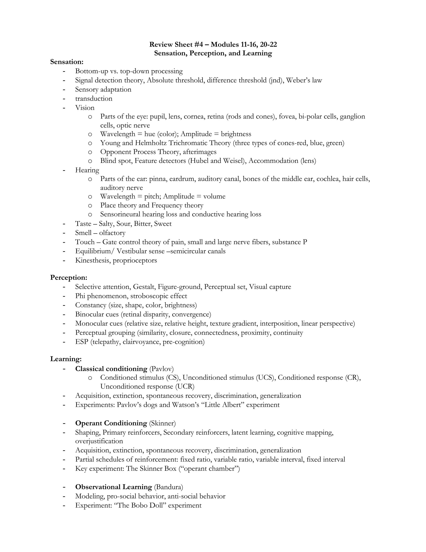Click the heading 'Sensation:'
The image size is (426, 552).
[x=67, y=62]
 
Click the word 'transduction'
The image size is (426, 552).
[x=94, y=98]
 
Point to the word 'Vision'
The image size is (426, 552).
[x=85, y=108]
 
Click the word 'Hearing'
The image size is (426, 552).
[x=87, y=170]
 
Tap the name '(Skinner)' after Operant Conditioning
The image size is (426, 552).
[x=162, y=423]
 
